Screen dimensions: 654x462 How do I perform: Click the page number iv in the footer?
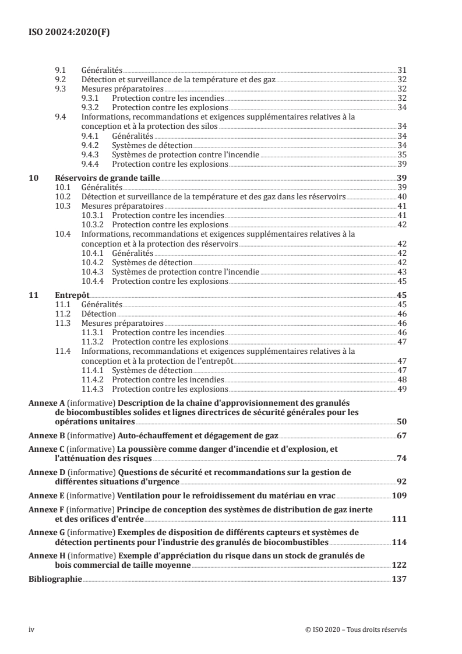point(33,630)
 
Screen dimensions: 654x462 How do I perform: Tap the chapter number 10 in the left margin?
point(33,179)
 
